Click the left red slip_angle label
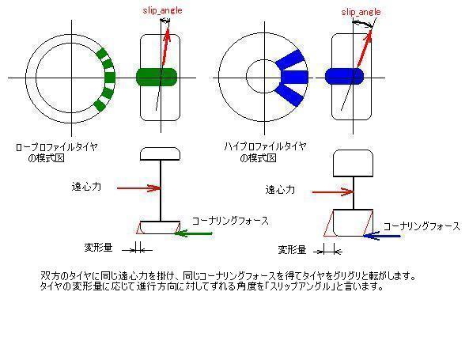point(162,10)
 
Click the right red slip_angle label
point(361,12)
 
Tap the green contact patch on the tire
point(157,77)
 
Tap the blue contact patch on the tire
point(344,76)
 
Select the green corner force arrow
point(194,233)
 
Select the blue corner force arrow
point(382,236)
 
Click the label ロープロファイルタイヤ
point(56,147)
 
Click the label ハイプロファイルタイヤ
point(265,146)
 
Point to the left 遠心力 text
point(86,187)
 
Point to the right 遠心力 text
point(280,190)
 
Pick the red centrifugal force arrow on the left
point(139,188)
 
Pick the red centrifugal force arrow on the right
point(333,191)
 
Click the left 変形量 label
point(98,248)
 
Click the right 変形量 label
point(292,249)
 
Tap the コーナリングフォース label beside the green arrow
point(230,222)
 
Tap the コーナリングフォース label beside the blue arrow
point(422,226)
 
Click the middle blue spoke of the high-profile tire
point(295,77)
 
